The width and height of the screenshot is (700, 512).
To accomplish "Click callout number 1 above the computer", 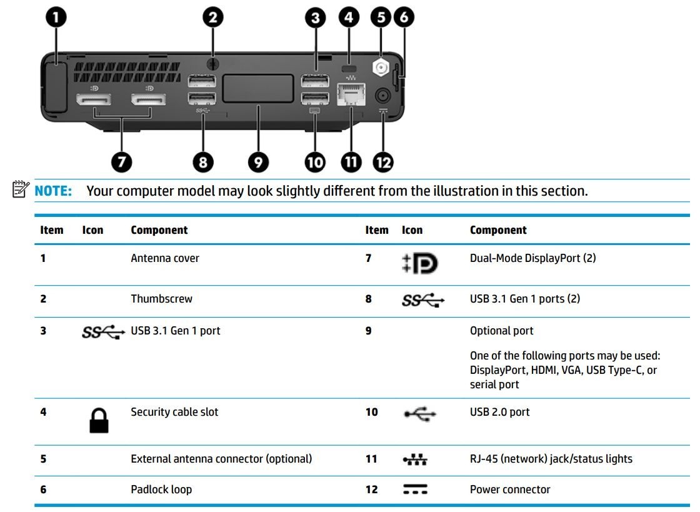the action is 56,18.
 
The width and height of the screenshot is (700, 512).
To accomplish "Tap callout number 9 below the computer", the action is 258,162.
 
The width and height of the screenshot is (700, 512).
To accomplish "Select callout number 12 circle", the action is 383,162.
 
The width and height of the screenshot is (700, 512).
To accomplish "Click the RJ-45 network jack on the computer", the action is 351,94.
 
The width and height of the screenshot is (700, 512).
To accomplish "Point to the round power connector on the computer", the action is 382,96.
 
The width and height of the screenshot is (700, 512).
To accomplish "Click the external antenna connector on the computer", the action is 381,68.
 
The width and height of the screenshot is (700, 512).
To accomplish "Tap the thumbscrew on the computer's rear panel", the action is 212,64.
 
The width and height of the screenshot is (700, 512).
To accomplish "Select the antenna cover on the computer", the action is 56,88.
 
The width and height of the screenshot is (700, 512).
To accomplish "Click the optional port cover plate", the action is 258,88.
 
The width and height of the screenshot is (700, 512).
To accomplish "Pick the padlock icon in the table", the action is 99,421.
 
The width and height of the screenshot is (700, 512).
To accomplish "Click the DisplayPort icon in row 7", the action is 419,263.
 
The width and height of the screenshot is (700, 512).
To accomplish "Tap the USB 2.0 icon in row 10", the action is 419,414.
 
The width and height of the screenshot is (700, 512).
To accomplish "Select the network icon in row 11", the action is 415,459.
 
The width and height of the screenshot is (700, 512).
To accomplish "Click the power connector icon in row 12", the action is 415,489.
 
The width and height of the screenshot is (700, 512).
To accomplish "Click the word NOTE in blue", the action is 53,191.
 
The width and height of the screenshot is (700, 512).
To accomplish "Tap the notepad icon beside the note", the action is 21,189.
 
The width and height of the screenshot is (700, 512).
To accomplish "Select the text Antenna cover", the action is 165,258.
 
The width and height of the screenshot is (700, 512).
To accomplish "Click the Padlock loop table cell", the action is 161,489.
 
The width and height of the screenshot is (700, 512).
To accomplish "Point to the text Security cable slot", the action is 174,412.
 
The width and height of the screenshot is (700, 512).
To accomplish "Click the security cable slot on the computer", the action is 349,69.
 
